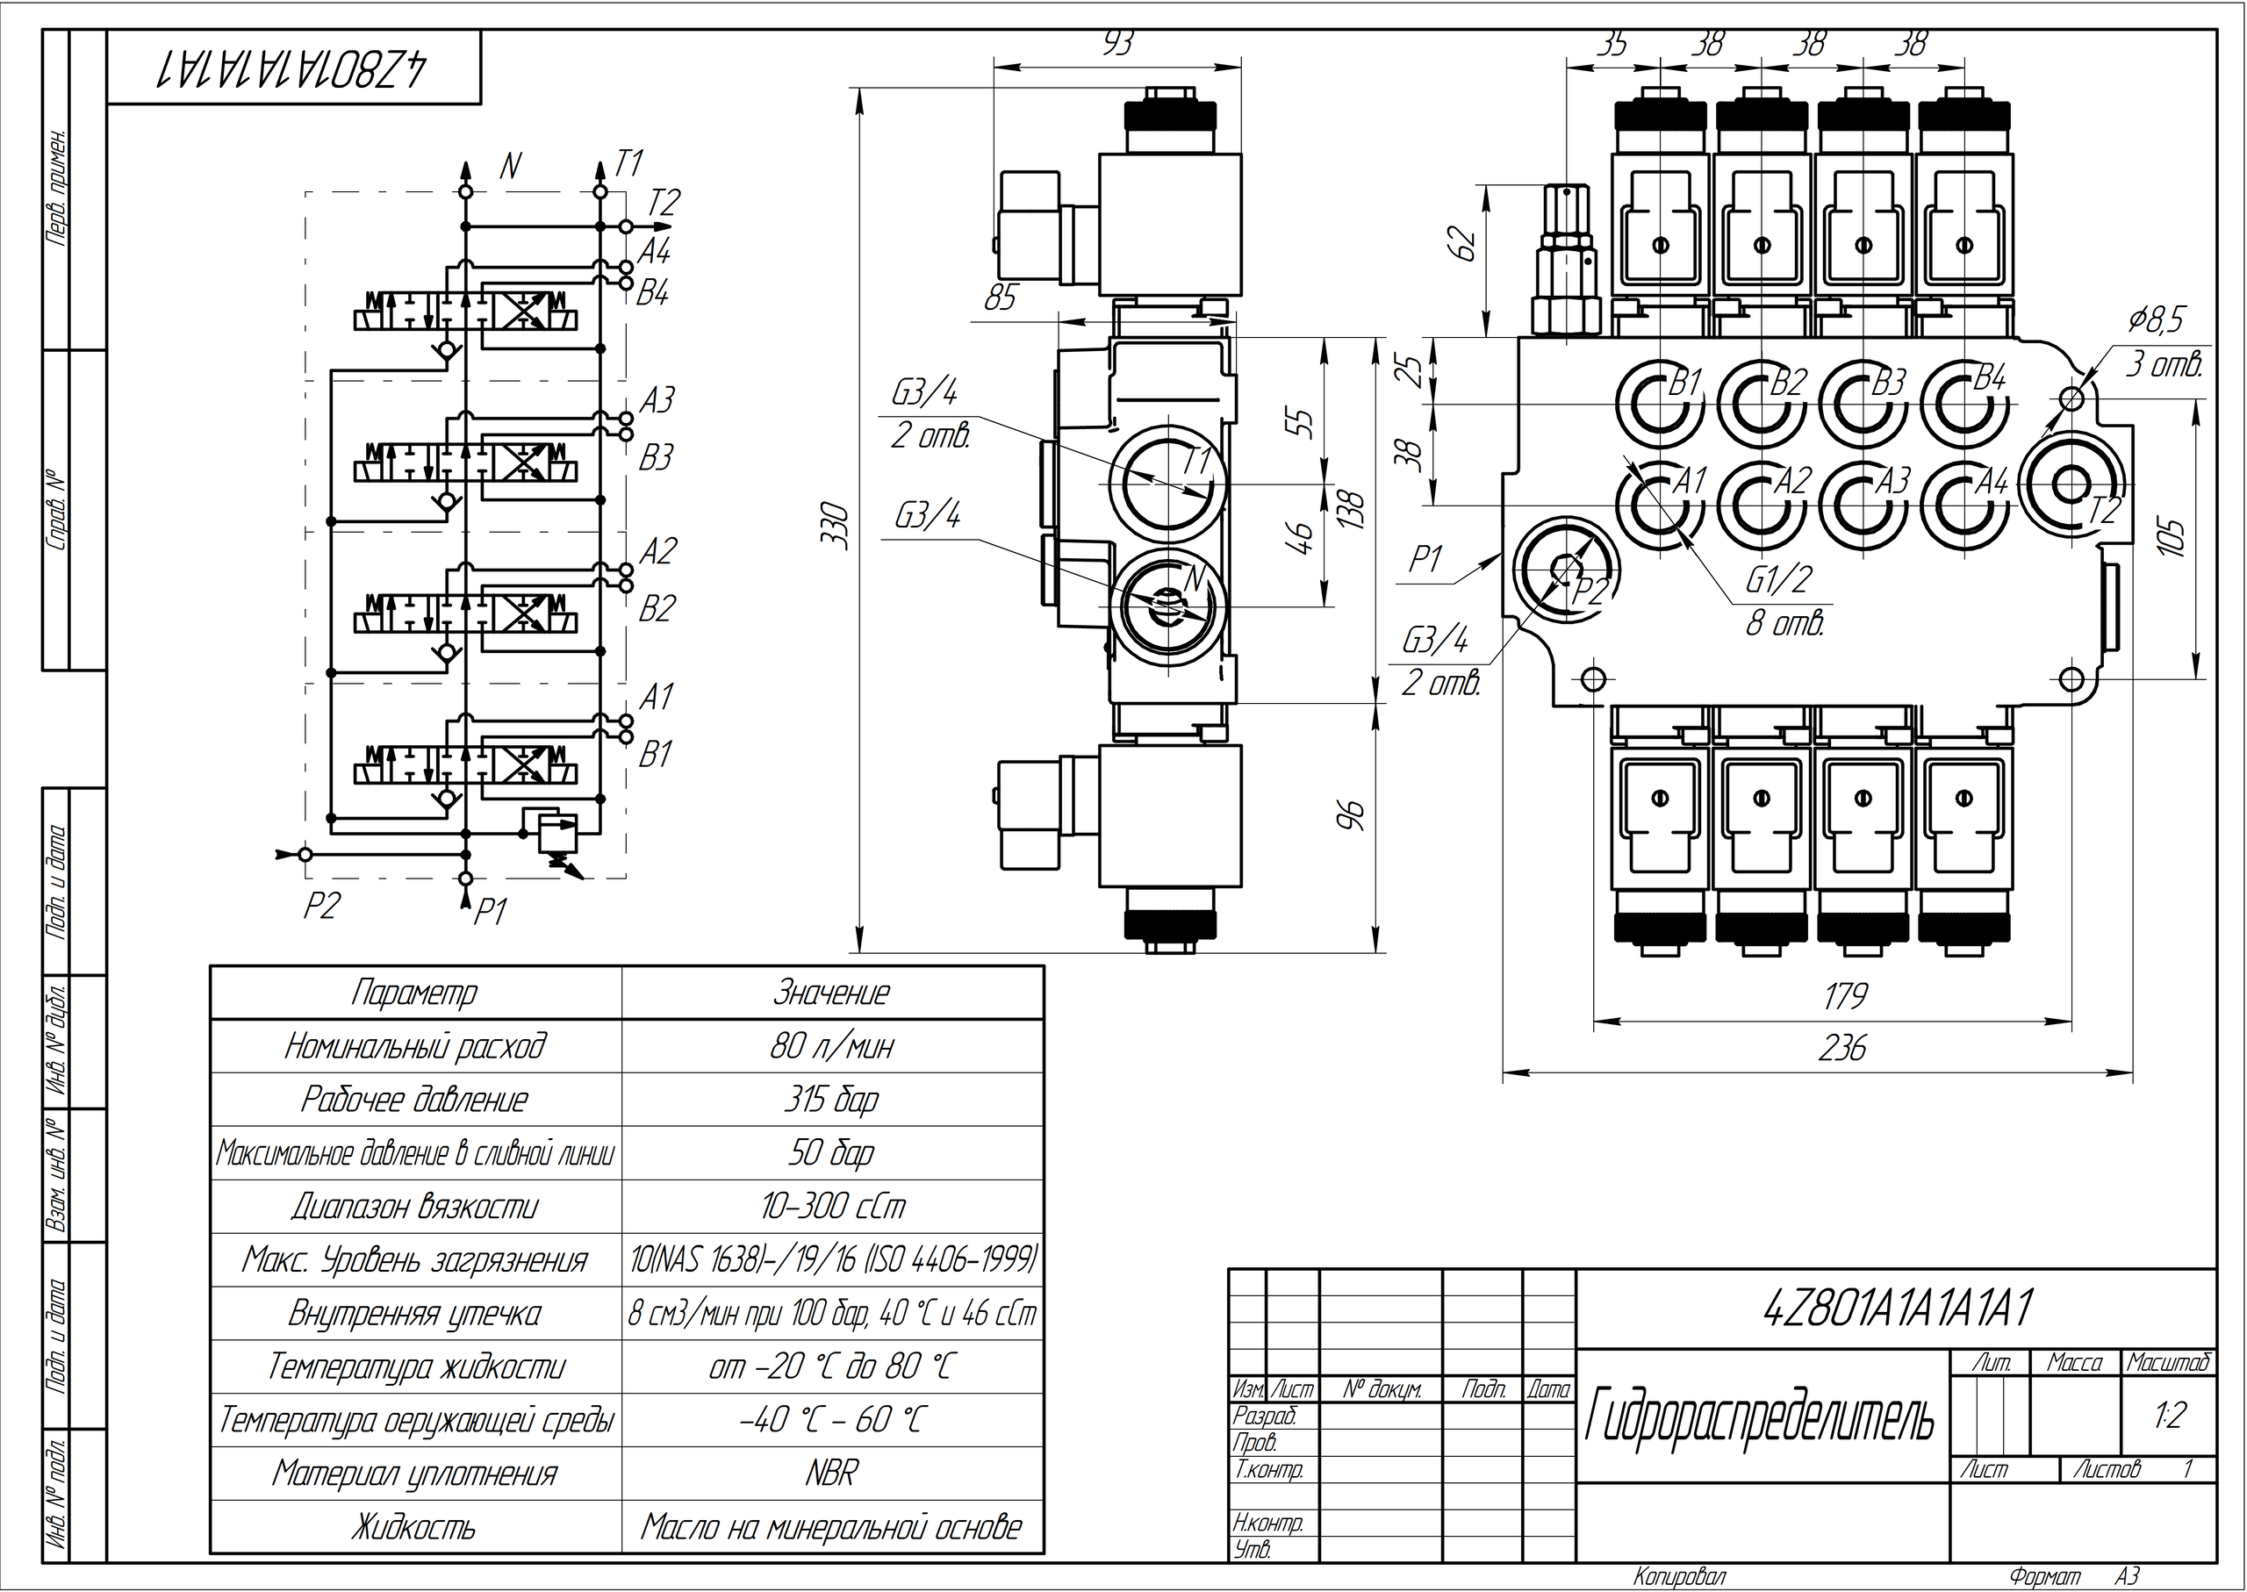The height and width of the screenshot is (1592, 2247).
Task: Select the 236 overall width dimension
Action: pyautogui.click(x=1842, y=1049)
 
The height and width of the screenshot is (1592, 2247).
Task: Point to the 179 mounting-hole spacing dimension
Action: pyautogui.click(x=1844, y=997)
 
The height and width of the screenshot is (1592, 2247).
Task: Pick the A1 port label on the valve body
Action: pyautogui.click(x=1689, y=480)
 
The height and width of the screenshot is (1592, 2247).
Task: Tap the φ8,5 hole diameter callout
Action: pyautogui.click(x=2155, y=320)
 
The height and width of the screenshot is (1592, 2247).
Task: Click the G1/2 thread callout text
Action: pyautogui.click(x=1778, y=581)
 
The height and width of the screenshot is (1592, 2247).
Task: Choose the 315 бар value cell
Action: pyautogui.click(x=831, y=1100)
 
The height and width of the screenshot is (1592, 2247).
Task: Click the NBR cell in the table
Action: pyautogui.click(x=831, y=1474)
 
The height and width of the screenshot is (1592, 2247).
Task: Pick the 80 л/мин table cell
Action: pyautogui.click(x=831, y=1047)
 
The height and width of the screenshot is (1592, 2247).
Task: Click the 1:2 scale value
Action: pyautogui.click(x=2171, y=1416)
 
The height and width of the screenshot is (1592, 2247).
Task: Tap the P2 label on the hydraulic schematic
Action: pyautogui.click(x=320, y=906)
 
